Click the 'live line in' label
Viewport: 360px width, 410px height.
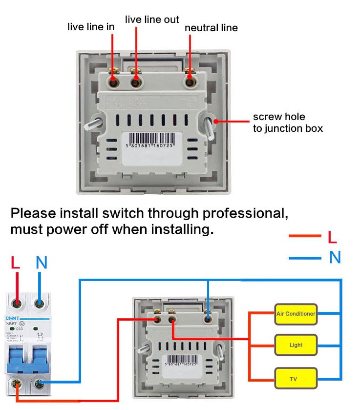pos(91,27)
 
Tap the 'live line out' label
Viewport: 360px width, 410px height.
pos(152,20)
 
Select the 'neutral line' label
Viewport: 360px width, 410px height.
pos(211,28)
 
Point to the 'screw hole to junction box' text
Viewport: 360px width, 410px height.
pos(288,123)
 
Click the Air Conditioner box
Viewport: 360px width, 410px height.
pos(296,314)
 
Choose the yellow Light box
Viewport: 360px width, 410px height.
pos(296,345)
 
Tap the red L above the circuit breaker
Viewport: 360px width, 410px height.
pos(16,263)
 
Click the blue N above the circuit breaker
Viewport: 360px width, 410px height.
pos(42,263)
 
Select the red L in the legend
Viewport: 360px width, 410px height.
pos(332,237)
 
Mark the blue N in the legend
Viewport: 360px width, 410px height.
pos(335,257)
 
